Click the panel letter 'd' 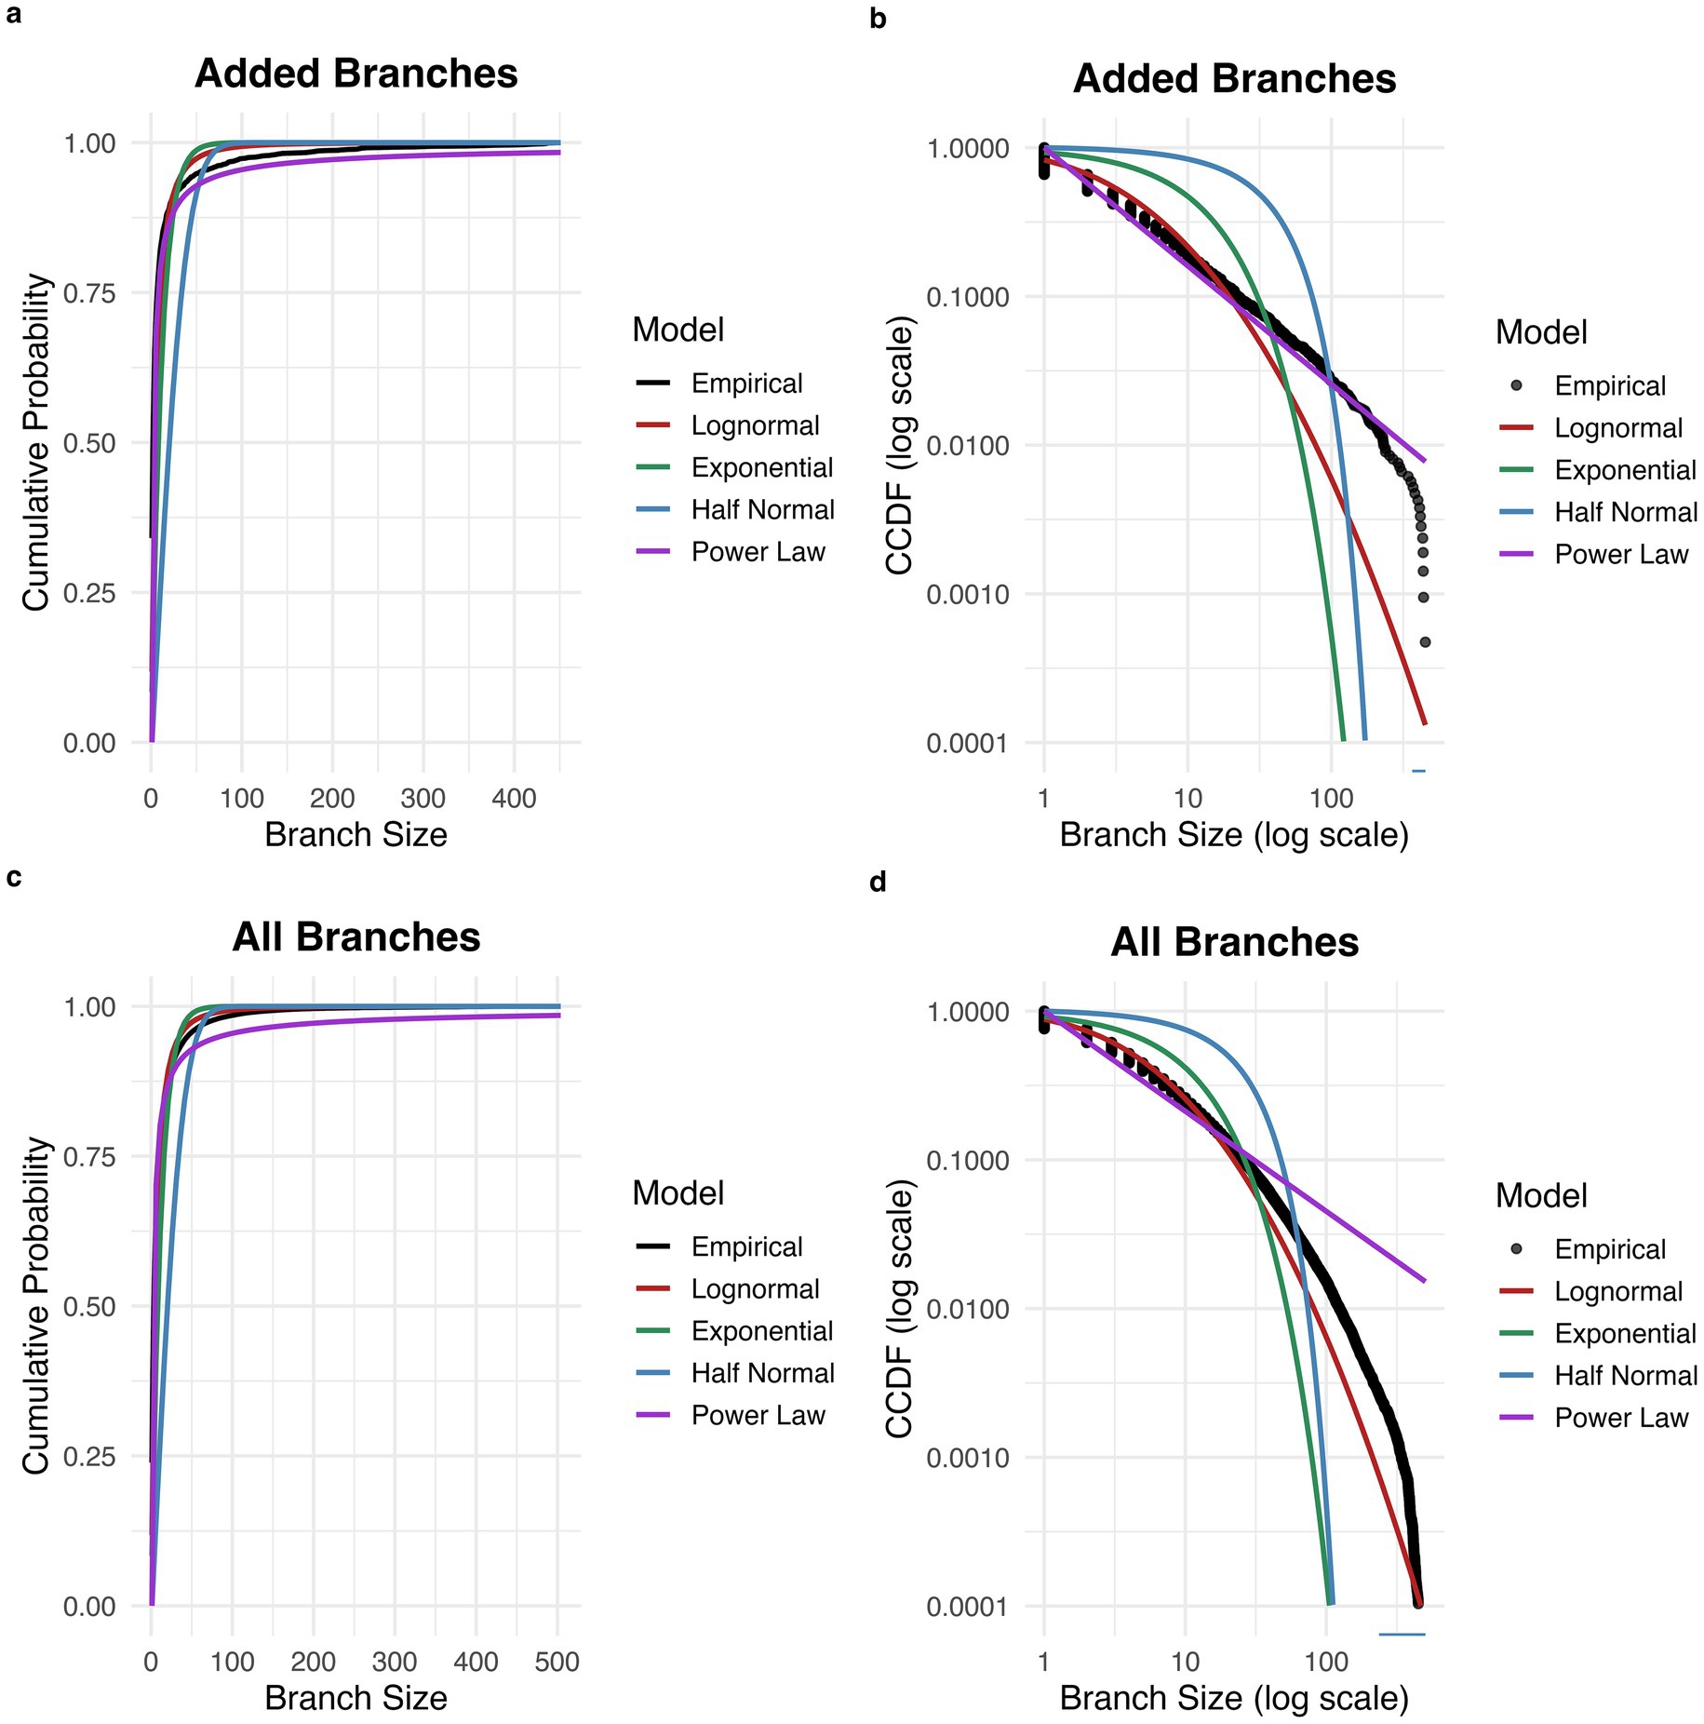(878, 881)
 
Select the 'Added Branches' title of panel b (1234, 79)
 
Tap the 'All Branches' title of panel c (356, 937)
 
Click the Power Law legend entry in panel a (758, 552)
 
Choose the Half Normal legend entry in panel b (1625, 512)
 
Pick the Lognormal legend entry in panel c (755, 1289)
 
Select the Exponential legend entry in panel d (1625, 1333)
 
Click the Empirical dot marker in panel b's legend (1516, 385)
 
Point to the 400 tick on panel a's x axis (514, 799)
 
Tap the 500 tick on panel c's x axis (557, 1662)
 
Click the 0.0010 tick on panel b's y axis (968, 595)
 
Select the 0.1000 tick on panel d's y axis (968, 1161)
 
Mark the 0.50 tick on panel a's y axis (89, 443)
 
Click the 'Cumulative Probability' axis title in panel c (35, 1305)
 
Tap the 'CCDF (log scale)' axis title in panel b (899, 445)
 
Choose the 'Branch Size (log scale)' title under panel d (1234, 1698)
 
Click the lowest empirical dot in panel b (1425, 641)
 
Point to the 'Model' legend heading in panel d (1541, 1195)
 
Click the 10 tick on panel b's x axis (1187, 799)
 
